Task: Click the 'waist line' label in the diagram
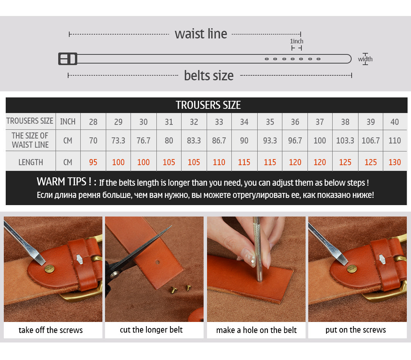[x=201, y=34]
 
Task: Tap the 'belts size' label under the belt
[x=209, y=75]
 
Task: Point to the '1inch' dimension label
[x=296, y=41]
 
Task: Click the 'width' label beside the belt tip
[x=365, y=59]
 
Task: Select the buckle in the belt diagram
[x=68, y=59]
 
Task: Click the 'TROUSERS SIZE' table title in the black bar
[x=208, y=105]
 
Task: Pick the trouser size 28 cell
[x=93, y=122]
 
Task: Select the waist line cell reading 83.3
[x=194, y=140]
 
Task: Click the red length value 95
[x=93, y=162]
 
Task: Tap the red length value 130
[x=395, y=162]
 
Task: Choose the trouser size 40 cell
[x=395, y=122]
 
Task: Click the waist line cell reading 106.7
[x=371, y=140]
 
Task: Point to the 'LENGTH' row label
[x=30, y=162]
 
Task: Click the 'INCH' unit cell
[x=68, y=121]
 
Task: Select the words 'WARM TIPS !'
[x=66, y=182]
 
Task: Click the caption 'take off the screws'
[x=51, y=330]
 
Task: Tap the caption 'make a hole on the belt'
[x=256, y=330]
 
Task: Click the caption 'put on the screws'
[x=355, y=330]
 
